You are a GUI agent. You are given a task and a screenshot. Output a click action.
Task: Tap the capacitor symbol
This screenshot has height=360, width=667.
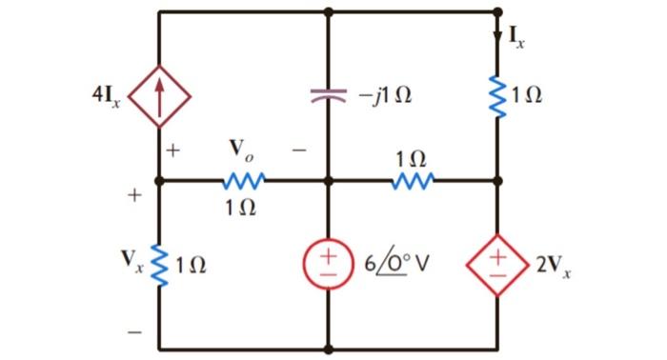point(329,94)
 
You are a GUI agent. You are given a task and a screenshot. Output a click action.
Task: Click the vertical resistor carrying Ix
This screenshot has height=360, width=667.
point(497,94)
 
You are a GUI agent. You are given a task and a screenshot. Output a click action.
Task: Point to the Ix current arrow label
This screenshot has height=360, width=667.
point(515,37)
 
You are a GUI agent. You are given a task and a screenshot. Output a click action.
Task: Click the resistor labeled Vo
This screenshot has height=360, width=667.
point(243,179)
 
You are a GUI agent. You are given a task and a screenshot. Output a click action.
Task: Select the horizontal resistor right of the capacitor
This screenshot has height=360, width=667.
point(413,179)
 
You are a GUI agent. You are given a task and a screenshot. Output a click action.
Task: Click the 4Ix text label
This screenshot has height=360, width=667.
point(106,96)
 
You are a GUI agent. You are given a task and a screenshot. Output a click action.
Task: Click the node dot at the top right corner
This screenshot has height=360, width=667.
point(497,12)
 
